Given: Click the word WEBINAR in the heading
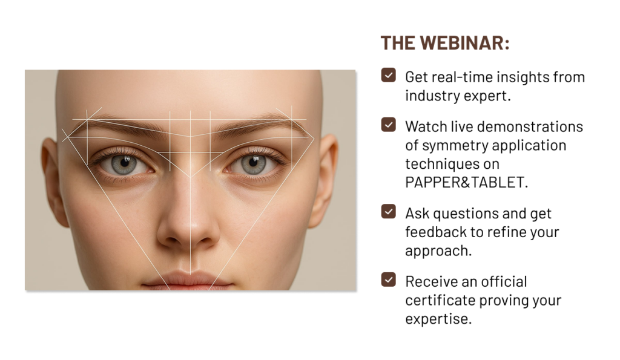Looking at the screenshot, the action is click(x=464, y=43).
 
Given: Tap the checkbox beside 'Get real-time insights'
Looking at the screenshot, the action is click(x=388, y=75).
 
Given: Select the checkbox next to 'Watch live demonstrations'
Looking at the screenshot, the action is click(x=388, y=125).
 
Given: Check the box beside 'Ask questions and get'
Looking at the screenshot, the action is click(x=388, y=211).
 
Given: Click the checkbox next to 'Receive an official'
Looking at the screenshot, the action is click(x=388, y=280).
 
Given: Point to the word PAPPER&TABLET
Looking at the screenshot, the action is click(x=467, y=182).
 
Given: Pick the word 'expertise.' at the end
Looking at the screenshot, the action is click(x=438, y=319).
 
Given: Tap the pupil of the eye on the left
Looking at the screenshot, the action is click(x=125, y=162).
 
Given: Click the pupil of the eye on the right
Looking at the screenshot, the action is click(x=253, y=162).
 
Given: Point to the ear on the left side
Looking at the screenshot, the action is click(x=54, y=182).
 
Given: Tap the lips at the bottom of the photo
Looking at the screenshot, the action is click(x=188, y=281).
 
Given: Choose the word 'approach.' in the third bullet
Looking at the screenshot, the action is click(x=438, y=251).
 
